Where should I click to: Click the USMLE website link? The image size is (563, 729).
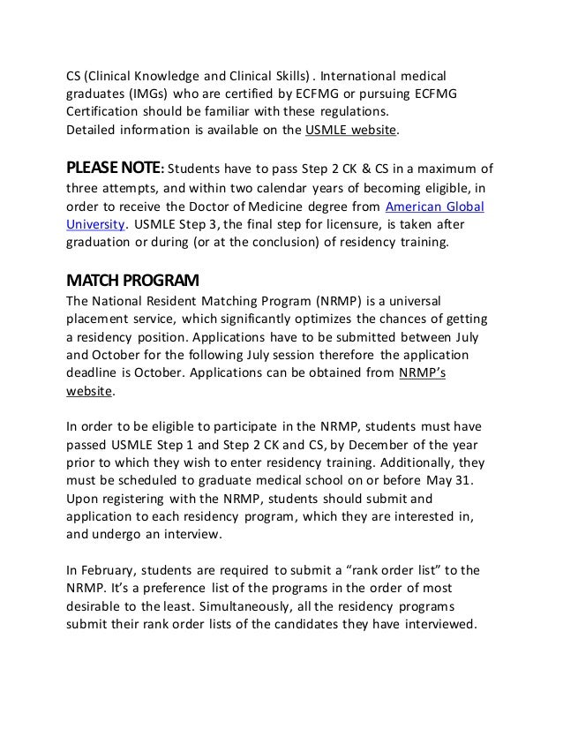(352, 131)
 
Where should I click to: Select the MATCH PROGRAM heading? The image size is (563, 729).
(133, 282)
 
